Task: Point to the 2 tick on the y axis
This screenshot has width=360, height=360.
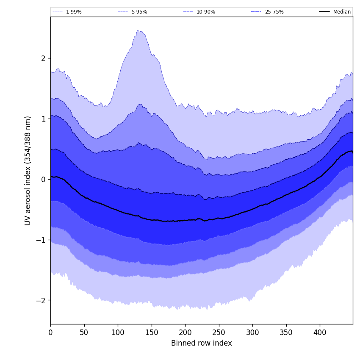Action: tap(43, 58)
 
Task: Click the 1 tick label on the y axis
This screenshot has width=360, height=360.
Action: tap(43, 119)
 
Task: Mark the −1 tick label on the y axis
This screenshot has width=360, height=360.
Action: tap(42, 240)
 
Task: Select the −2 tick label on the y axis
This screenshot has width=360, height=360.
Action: tap(42, 301)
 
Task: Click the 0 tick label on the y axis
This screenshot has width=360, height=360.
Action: tap(43, 180)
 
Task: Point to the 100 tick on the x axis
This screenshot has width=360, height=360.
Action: tap(118, 333)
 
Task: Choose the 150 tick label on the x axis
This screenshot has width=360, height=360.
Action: tap(152, 333)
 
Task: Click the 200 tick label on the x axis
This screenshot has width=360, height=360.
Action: tap(185, 333)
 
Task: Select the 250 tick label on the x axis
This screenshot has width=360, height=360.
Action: tap(219, 333)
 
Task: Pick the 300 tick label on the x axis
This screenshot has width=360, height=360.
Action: tap(252, 333)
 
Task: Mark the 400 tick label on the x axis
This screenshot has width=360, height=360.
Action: tap(320, 333)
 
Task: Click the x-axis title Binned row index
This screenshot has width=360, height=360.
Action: tap(202, 343)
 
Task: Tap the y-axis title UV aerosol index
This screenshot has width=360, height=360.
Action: tap(28, 170)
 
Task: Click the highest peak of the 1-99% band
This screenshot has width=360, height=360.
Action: tap(138, 30)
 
